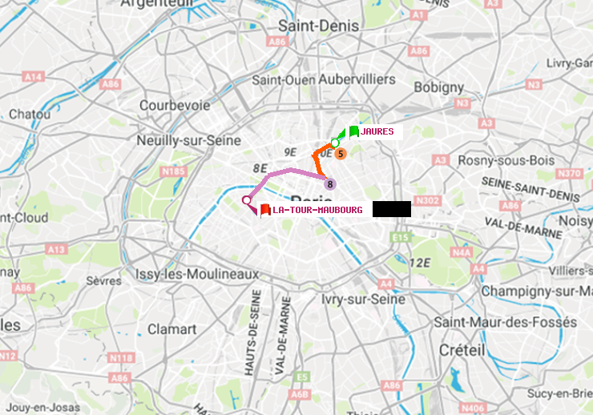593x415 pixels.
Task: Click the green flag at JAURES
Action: click(x=353, y=131)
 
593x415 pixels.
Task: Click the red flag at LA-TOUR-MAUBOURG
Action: click(x=264, y=210)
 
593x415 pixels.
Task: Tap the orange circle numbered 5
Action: click(x=341, y=153)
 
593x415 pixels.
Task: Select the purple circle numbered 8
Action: click(x=329, y=184)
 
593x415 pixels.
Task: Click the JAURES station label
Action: click(x=377, y=131)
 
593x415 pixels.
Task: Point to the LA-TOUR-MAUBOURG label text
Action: click(x=317, y=210)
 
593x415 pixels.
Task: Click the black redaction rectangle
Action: click(x=391, y=209)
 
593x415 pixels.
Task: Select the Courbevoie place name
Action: click(x=175, y=105)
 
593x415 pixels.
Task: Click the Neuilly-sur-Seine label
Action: click(x=189, y=140)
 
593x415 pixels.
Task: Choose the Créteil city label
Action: click(x=462, y=350)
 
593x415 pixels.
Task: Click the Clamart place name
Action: click(x=171, y=329)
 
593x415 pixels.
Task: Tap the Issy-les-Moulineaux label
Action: click(x=197, y=274)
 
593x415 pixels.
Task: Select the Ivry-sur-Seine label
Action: click(x=362, y=299)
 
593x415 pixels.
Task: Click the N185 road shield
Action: click(x=173, y=171)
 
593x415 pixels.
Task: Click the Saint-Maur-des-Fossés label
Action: click(x=505, y=322)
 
